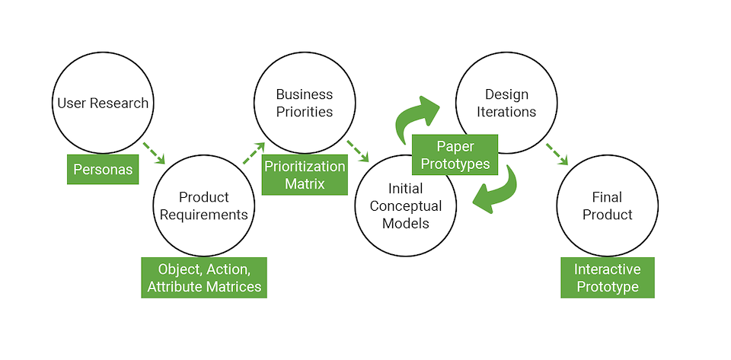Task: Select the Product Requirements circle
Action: pos(203,205)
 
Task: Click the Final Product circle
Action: pos(607,205)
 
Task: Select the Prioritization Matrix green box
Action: pos(305,175)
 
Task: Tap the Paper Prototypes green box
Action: pos(455,154)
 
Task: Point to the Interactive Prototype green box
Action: pos(607,278)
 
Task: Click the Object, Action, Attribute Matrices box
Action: pos(204,278)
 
